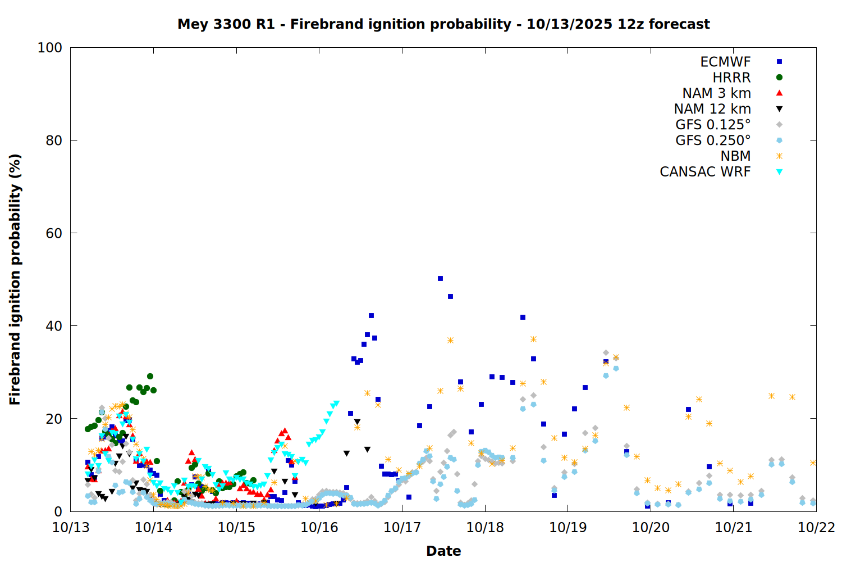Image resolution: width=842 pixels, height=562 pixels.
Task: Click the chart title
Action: [443, 24]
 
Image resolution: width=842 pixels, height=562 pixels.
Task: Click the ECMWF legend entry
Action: [725, 62]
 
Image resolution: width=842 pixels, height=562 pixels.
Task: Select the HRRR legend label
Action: [731, 78]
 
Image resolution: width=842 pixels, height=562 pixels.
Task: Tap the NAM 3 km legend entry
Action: [716, 93]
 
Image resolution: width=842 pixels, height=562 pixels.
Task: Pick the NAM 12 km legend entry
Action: [712, 109]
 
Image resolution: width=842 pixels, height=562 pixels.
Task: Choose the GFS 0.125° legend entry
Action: [713, 125]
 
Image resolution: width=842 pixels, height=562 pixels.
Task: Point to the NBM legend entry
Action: [735, 156]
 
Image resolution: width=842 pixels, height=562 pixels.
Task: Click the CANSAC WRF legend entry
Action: [705, 172]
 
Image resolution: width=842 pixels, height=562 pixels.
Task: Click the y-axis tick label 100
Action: [49, 48]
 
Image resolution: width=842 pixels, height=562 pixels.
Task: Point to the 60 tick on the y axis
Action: [54, 233]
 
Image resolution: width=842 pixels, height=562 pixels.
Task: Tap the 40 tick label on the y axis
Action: [54, 326]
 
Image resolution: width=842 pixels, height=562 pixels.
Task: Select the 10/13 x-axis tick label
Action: [71, 528]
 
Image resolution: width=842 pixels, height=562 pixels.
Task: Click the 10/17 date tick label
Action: [402, 528]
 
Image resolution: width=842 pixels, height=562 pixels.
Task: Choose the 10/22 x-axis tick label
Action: [816, 528]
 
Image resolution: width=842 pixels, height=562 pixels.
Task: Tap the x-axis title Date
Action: [443, 551]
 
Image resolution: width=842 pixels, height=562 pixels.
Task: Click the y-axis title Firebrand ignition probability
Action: [15, 279]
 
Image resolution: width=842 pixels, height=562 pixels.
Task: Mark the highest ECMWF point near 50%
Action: [440, 279]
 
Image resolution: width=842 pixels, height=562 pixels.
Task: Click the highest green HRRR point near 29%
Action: [150, 377]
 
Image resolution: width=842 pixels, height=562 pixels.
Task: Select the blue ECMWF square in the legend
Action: [779, 62]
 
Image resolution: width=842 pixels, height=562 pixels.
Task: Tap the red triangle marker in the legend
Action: [779, 93]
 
